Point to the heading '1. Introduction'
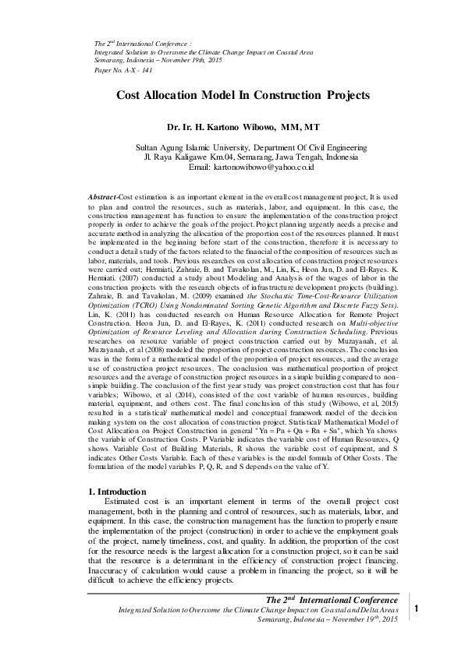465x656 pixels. point(116,492)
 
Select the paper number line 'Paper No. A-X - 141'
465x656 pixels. point(122,69)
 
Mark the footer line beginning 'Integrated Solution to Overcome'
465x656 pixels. point(257,608)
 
